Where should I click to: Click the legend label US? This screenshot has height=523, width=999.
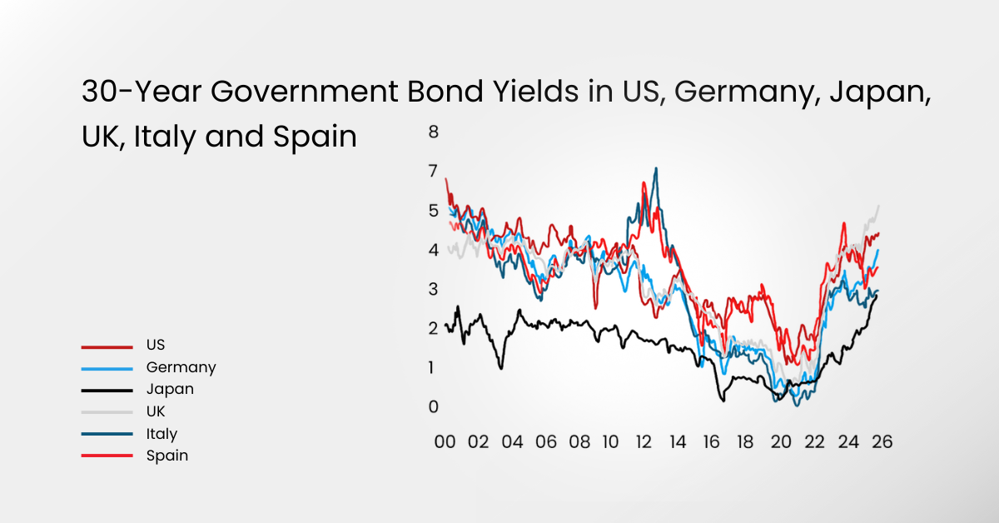[x=156, y=345]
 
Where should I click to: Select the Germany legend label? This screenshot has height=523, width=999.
[x=181, y=367]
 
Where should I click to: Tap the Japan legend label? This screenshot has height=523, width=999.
[x=170, y=389]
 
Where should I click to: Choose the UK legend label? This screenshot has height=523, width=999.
[x=156, y=411]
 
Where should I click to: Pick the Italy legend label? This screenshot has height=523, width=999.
[x=162, y=434]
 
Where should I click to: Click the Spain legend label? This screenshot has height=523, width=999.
[x=167, y=456]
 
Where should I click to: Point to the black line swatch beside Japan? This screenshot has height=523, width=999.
[x=107, y=390]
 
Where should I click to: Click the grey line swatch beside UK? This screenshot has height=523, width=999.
[x=107, y=412]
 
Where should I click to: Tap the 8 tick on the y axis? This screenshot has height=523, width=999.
[x=433, y=132]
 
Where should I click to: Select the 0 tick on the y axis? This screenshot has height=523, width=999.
[x=433, y=407]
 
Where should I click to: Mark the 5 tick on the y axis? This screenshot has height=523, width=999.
[x=433, y=211]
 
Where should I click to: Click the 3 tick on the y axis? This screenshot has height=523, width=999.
[x=433, y=289]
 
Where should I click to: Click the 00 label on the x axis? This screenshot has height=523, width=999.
[x=445, y=442]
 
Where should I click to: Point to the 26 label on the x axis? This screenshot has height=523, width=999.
[x=882, y=442]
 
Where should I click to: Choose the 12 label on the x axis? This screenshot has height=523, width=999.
[x=644, y=442]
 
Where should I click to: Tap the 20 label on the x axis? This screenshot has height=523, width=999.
[x=780, y=442]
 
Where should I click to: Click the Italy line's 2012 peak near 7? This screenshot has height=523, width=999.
[x=656, y=169]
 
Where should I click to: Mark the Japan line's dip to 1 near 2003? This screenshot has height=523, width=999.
[x=501, y=367]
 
